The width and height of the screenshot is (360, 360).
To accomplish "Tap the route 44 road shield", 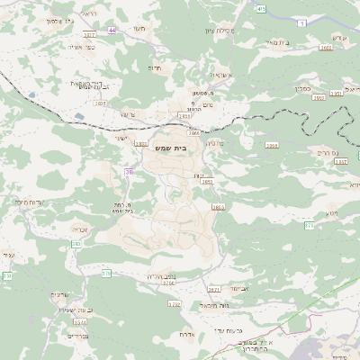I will (x=112, y=30).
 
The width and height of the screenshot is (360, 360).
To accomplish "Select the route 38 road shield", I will (x=129, y=172).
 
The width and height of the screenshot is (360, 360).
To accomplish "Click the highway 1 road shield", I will (x=302, y=22).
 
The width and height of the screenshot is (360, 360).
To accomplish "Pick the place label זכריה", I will (x=81, y=228).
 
